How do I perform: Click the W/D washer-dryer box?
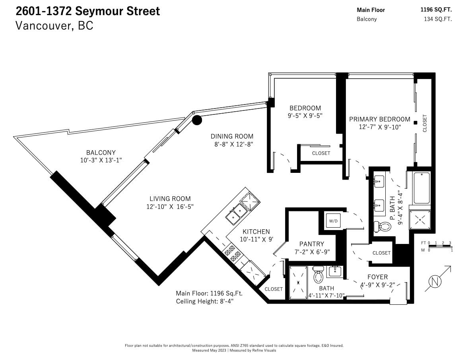(333, 221)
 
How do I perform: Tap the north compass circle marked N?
(435, 282)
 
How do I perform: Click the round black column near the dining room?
(197, 120)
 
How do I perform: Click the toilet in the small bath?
(318, 275)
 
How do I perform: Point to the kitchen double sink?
(237, 213)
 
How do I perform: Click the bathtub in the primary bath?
(421, 188)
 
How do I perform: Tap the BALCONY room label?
(101, 153)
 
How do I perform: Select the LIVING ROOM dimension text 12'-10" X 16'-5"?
(170, 207)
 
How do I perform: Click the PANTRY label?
(312, 244)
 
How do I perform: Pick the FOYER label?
(378, 277)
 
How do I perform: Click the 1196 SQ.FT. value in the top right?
(436, 10)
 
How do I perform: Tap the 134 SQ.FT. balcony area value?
(438, 19)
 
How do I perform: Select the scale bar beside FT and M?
(440, 246)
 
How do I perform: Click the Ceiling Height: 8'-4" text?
(205, 301)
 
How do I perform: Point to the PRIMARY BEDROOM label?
(380, 119)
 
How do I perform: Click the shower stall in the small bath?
(298, 283)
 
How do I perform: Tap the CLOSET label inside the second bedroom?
(321, 153)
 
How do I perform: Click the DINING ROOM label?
(232, 136)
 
